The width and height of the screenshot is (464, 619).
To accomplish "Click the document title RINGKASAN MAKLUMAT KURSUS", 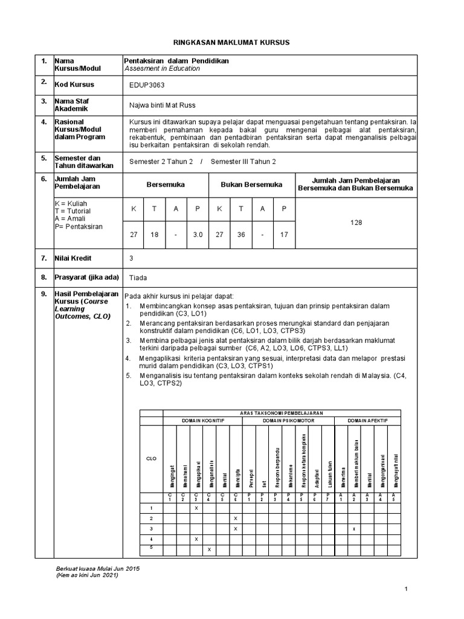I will [x=232, y=42].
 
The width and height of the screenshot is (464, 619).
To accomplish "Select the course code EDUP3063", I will [x=146, y=85].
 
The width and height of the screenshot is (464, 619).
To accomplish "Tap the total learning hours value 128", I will [x=356, y=222].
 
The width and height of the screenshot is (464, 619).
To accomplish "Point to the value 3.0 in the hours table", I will [x=198, y=235].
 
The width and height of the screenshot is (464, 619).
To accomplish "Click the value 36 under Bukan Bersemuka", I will [x=240, y=235].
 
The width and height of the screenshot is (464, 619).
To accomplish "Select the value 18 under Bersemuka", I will [x=155, y=235].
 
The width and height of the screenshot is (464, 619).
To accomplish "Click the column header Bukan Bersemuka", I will [x=251, y=184].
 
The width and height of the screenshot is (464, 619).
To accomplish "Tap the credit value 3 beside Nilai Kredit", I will [x=132, y=258].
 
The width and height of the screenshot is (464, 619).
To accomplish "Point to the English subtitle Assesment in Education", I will [x=161, y=69].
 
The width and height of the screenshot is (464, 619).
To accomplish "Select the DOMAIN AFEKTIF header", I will [x=367, y=420].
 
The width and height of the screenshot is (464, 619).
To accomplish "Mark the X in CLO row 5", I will [x=209, y=549].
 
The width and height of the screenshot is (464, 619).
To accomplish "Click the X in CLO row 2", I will [x=235, y=519].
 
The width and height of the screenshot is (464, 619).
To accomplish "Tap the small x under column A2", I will [x=354, y=529].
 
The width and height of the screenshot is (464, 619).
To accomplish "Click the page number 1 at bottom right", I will [x=407, y=588].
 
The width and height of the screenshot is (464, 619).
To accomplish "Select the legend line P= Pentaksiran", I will [x=79, y=226].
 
